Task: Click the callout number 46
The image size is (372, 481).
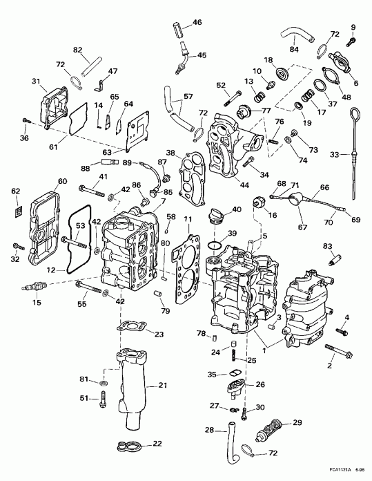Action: tap(197, 23)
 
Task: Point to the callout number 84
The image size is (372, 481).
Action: tap(294, 49)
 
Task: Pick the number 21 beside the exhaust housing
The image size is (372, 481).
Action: tap(163, 385)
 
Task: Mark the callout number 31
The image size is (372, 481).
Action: tap(36, 82)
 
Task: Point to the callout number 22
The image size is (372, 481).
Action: tap(157, 443)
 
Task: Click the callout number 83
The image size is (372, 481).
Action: tap(328, 246)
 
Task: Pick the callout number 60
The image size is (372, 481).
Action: tap(62, 181)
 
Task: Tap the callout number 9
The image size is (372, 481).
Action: tap(354, 28)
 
